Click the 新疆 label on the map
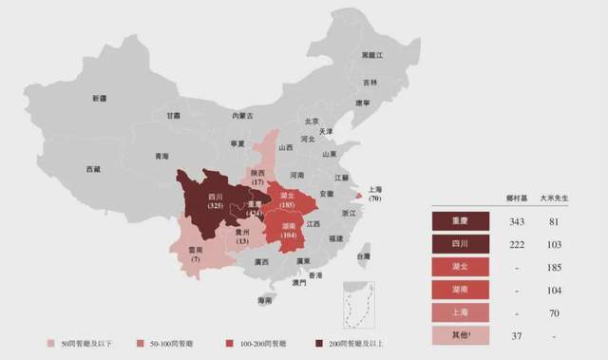coord(100,98)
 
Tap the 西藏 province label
coord(92,168)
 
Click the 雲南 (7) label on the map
coord(196,254)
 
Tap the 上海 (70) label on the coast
coord(374,194)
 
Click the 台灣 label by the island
coord(364,256)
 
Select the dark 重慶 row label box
coord(460,221)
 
